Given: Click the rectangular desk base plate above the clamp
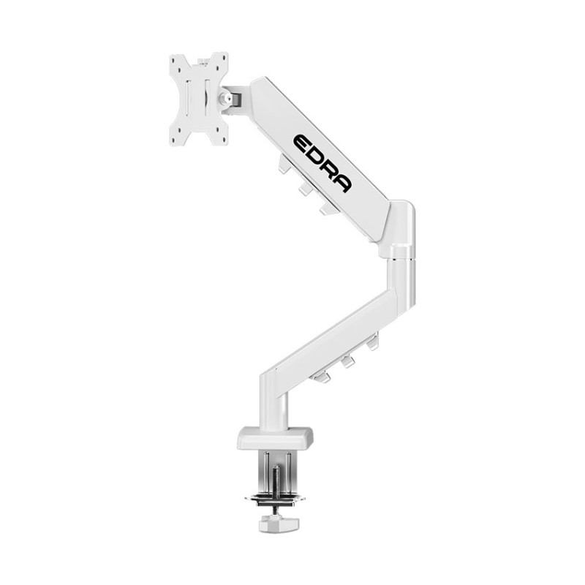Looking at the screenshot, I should pos(273,439).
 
